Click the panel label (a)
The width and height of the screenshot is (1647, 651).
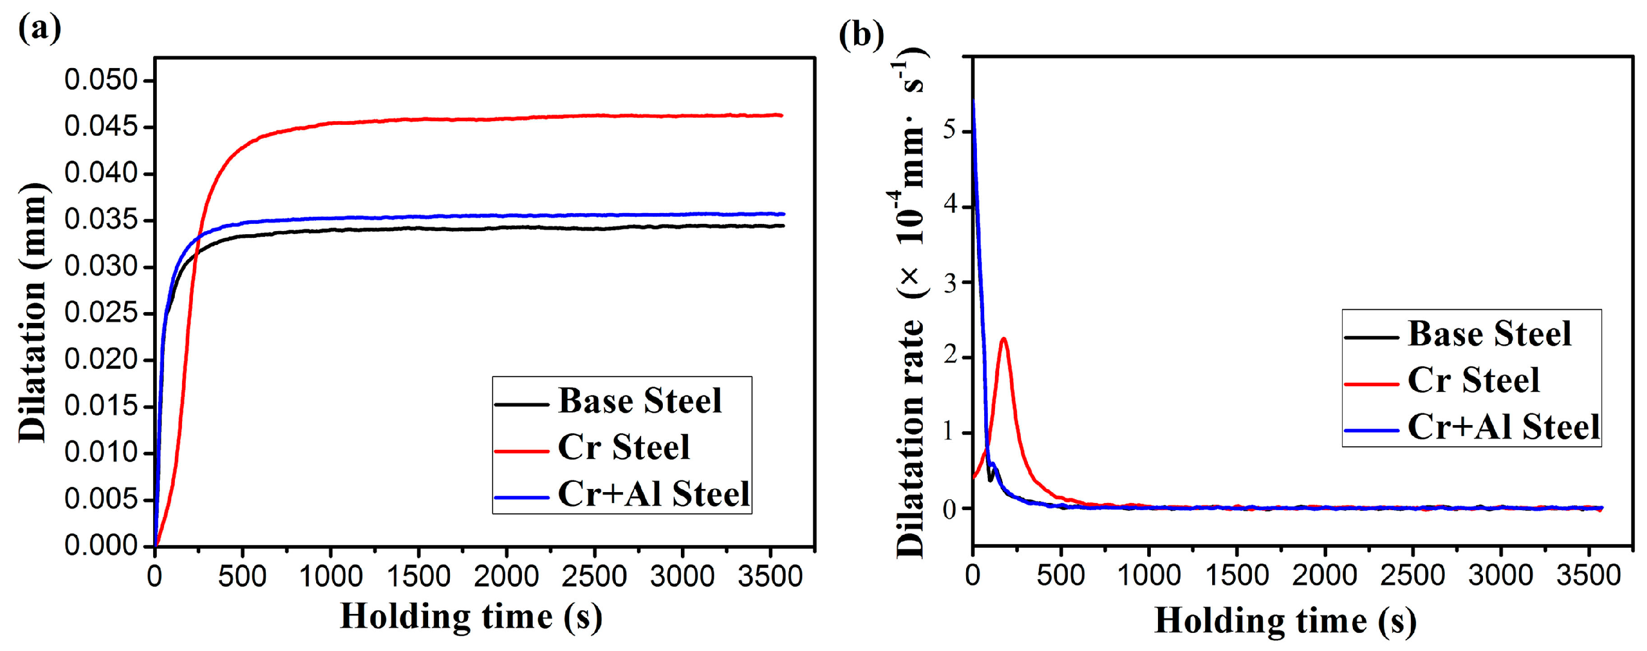[40, 28]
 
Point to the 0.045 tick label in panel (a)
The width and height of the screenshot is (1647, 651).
[101, 126]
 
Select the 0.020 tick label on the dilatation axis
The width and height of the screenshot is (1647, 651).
[101, 360]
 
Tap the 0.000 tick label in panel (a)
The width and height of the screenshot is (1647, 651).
[101, 545]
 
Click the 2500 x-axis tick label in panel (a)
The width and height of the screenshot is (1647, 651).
[594, 577]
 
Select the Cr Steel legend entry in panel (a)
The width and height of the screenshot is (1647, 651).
[624, 447]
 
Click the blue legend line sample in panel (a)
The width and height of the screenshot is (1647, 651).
[521, 497]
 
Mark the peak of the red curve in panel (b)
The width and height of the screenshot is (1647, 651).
[1004, 338]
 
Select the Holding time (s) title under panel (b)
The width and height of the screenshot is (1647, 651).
[1285, 621]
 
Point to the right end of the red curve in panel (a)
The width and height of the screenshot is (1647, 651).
[781, 116]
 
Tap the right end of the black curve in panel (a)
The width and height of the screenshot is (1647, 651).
[782, 226]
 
